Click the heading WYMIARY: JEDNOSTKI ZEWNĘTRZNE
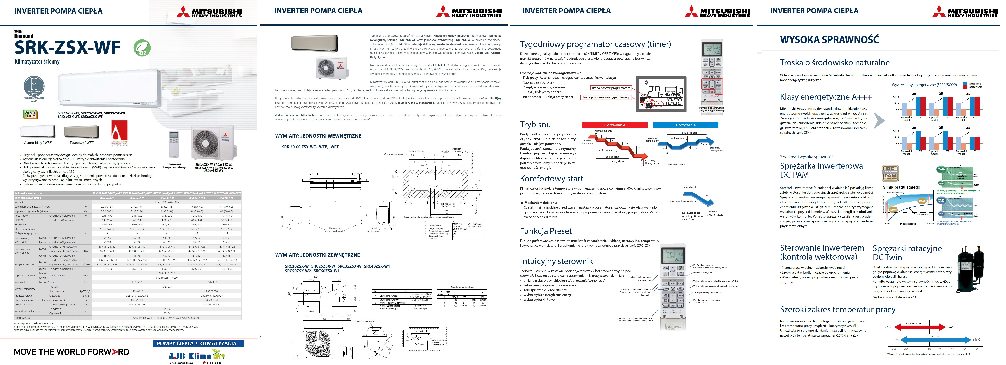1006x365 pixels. pyautogui.click(x=317, y=255)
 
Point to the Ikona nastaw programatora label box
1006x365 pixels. pyautogui.click(x=611, y=88)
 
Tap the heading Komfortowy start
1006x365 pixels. pyautogui.click(x=551, y=179)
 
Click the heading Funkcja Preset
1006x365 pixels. pyautogui.click(x=546, y=231)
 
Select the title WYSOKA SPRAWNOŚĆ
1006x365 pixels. pyautogui.click(x=829, y=39)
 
